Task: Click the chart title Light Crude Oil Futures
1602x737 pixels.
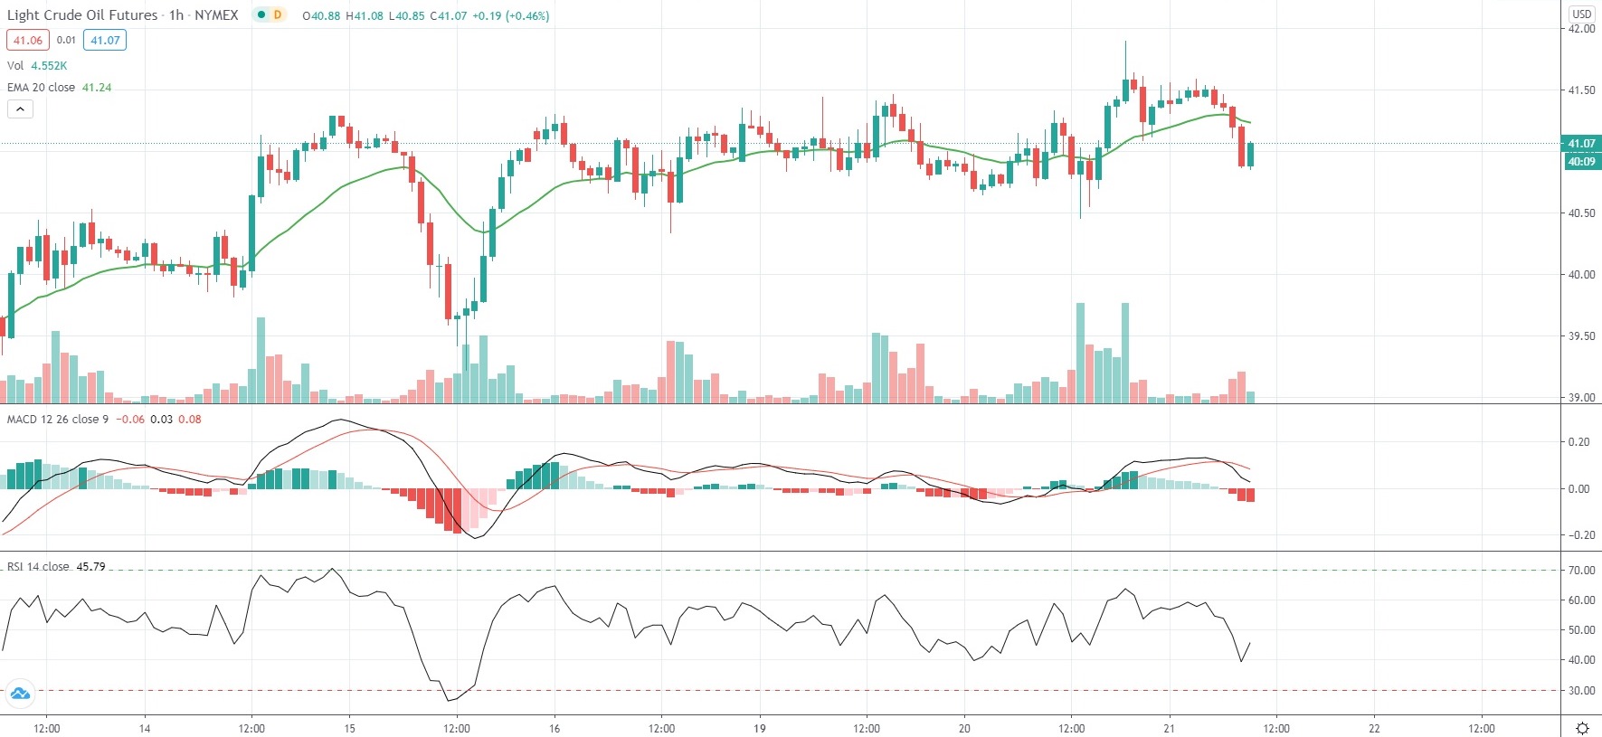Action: (x=81, y=15)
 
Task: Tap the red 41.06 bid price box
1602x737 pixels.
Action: (x=28, y=40)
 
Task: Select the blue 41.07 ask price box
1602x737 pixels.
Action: (x=105, y=40)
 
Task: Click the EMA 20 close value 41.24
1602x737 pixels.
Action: (x=97, y=88)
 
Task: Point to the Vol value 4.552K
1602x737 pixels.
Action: (x=49, y=66)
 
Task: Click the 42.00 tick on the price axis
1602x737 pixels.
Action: (x=1581, y=29)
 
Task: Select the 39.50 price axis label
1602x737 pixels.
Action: (x=1581, y=336)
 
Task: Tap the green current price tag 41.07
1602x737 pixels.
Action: (x=1581, y=144)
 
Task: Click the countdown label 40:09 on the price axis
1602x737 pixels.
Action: (x=1581, y=162)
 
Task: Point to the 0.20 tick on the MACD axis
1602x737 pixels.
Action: (x=1578, y=442)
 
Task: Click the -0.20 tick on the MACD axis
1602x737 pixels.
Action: (x=1578, y=535)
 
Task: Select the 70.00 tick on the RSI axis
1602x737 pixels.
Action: (x=1581, y=571)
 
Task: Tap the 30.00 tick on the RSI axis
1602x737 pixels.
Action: (x=1581, y=691)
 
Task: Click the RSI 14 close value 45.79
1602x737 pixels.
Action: (x=90, y=567)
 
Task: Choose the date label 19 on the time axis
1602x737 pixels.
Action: (x=760, y=728)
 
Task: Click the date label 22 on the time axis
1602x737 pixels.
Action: (x=1374, y=728)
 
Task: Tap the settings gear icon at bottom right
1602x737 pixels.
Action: (x=1582, y=728)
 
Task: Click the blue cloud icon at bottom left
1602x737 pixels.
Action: (x=20, y=694)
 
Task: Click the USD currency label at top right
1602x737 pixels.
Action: (x=1581, y=14)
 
